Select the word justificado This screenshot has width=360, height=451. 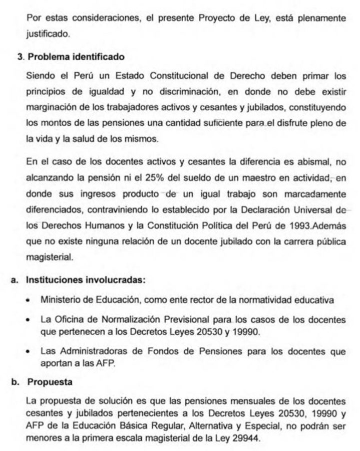tap(48, 35)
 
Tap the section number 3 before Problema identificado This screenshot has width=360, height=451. tap(20, 57)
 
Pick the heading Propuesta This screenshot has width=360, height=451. tap(50, 382)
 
